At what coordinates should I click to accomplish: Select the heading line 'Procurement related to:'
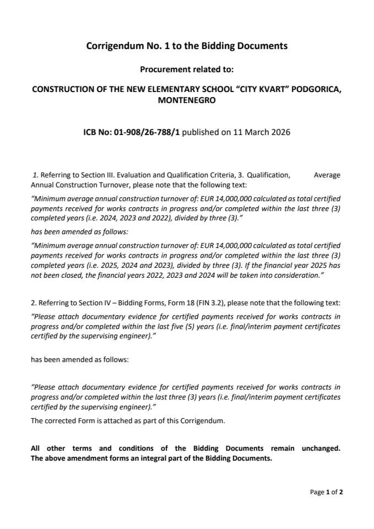point(187,69)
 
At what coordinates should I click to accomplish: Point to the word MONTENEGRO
point(187,100)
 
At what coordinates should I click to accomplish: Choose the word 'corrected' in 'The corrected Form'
point(61,421)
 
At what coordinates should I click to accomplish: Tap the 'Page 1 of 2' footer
point(327,492)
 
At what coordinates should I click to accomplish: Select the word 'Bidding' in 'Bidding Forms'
point(116,303)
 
